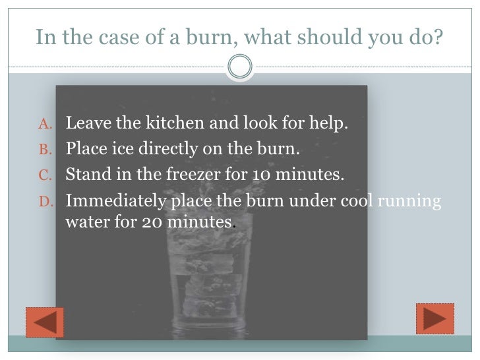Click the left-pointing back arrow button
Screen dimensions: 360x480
tap(44, 322)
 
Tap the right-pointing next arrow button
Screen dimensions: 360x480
tap(435, 318)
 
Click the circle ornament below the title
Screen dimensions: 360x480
tap(240, 65)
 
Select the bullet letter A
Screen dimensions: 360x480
tap(45, 124)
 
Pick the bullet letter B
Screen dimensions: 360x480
tap(45, 150)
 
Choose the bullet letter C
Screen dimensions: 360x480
tap(45, 176)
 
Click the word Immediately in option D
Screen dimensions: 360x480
tap(111, 201)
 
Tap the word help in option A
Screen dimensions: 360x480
tap(328, 124)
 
